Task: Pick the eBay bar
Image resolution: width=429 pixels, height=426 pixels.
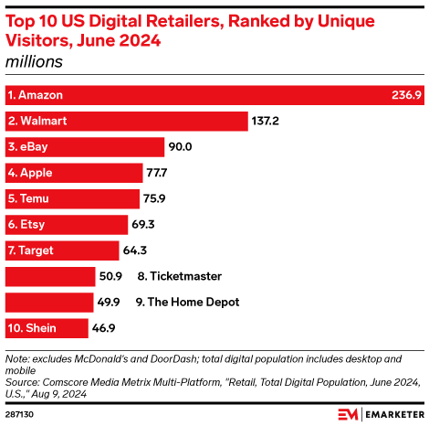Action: [85, 146]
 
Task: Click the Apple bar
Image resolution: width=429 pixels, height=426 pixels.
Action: [74, 172]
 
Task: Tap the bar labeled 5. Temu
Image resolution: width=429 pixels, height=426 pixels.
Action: [73, 198]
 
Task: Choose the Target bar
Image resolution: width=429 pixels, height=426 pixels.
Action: [62, 250]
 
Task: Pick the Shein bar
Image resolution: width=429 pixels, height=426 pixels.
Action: [47, 327]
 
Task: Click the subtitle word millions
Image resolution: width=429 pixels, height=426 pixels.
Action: [35, 61]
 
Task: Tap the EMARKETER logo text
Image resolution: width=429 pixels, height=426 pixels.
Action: [392, 414]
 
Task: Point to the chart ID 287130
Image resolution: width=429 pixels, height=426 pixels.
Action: [19, 414]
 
